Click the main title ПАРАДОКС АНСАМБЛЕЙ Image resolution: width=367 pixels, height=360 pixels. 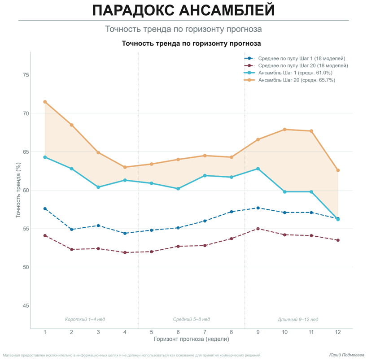pos(183,11)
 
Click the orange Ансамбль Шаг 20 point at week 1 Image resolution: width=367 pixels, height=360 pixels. pos(45,102)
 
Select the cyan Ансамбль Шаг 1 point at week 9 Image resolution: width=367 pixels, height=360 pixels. pos(258,169)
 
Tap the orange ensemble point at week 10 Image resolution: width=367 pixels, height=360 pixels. pos(284,130)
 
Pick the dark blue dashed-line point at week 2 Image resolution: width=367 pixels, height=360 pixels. pos(71,230)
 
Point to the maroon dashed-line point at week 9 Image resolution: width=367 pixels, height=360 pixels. pos(258,229)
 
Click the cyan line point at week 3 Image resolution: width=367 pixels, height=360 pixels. pos(98,187)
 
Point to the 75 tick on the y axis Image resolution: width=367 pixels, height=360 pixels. pos(26,75)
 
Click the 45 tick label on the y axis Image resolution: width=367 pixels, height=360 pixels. pos(26,306)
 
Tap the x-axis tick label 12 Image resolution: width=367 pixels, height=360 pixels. pos(338,332)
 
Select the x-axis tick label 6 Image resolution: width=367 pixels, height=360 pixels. pos(178,332)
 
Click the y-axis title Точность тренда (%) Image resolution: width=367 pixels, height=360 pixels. pos(19,190)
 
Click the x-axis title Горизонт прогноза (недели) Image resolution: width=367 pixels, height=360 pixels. pos(191,339)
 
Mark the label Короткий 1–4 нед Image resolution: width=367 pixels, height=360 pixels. pos(85,319)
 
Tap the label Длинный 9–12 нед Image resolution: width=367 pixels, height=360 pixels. pos(298,319)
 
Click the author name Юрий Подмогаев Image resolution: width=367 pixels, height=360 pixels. pos(347,355)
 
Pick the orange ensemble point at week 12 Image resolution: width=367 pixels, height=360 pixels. pos(338,170)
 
